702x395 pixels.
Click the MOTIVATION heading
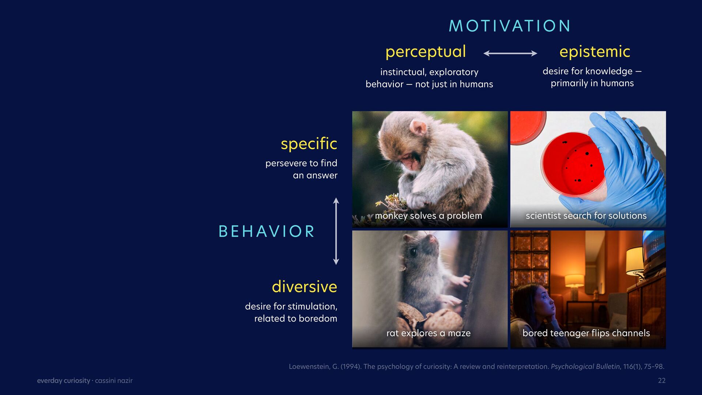pyautogui.click(x=509, y=26)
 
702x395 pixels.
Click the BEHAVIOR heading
pyautogui.click(x=267, y=231)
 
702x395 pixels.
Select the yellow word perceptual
pyautogui.click(x=426, y=52)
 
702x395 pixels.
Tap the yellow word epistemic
pyautogui.click(x=595, y=52)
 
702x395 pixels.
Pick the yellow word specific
pyautogui.click(x=309, y=144)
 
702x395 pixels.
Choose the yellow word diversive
pyautogui.click(x=304, y=286)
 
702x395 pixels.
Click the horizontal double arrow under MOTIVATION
pyautogui.click(x=510, y=53)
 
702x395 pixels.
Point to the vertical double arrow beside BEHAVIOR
pyautogui.click(x=336, y=231)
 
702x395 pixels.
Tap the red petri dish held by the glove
pyautogui.click(x=573, y=163)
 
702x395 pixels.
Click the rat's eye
pyautogui.click(x=414, y=252)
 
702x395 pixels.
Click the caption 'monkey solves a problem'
pyautogui.click(x=429, y=216)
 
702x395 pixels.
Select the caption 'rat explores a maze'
pyautogui.click(x=429, y=333)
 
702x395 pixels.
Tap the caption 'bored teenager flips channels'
pyautogui.click(x=586, y=333)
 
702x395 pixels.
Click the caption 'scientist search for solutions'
pyautogui.click(x=586, y=216)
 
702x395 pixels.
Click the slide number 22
pyautogui.click(x=662, y=381)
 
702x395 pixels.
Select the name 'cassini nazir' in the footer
pyautogui.click(x=114, y=381)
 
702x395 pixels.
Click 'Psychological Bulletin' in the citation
pyautogui.click(x=585, y=366)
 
